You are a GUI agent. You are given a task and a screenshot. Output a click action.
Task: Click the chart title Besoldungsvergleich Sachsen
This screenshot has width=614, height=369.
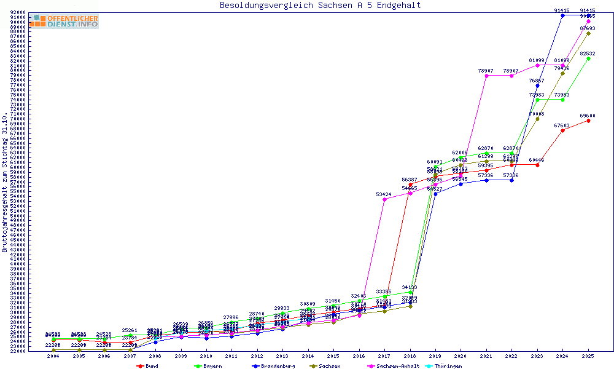click(x=320, y=5)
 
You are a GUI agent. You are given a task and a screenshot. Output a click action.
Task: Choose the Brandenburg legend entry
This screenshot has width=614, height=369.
click(x=273, y=366)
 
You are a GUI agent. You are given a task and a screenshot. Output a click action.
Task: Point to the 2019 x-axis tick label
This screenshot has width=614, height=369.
click(x=435, y=356)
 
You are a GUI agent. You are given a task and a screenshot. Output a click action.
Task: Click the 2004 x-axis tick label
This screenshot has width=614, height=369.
click(x=53, y=356)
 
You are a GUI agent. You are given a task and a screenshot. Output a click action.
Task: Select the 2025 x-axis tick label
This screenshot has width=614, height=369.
click(x=588, y=356)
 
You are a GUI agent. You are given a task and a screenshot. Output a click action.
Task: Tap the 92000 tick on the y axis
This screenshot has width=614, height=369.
click(x=18, y=12)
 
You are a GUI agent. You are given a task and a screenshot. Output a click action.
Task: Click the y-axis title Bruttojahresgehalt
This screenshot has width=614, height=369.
click(x=5, y=182)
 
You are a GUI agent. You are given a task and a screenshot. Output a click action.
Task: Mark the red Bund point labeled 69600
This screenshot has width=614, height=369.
click(x=588, y=121)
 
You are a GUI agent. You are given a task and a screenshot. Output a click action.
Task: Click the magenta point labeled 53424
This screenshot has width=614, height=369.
click(x=384, y=199)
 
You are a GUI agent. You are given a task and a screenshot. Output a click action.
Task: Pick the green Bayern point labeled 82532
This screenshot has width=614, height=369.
click(x=588, y=58)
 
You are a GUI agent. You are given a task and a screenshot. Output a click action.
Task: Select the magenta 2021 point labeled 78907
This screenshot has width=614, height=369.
click(x=486, y=76)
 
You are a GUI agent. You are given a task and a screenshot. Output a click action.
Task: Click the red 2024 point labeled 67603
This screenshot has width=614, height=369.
click(x=562, y=130)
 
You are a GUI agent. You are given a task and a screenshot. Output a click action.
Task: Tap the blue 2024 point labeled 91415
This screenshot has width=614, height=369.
click(x=562, y=15)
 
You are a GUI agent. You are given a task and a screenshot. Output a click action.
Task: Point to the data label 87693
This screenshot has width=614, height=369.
click(x=588, y=28)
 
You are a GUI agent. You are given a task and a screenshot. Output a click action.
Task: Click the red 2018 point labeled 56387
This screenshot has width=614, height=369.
click(x=410, y=184)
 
